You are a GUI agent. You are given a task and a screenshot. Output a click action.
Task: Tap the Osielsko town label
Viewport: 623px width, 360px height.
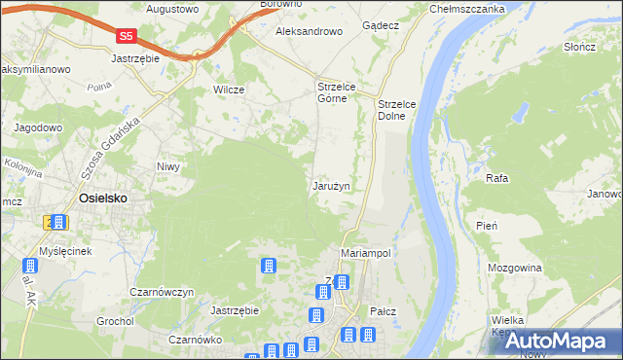102,198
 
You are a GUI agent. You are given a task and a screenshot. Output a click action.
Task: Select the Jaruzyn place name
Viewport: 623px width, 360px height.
332,185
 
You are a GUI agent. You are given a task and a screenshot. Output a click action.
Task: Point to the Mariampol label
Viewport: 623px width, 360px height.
366,252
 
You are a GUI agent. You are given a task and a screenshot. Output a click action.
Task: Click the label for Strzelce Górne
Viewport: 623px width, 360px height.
339,92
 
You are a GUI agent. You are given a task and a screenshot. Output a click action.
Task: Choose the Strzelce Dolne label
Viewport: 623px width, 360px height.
397,109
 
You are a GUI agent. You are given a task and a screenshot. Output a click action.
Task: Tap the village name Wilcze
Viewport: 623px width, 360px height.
228,90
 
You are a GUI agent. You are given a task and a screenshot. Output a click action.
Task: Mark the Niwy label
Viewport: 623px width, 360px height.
169,166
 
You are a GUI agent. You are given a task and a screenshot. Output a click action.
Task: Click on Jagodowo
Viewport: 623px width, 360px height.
38,127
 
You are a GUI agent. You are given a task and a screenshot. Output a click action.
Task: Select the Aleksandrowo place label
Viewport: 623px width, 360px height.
310,31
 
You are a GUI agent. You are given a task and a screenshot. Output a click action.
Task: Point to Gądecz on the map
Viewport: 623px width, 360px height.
381,25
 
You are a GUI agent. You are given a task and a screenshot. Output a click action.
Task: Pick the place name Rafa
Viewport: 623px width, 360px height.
496,179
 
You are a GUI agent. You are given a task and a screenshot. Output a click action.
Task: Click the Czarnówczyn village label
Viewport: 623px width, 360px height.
164,292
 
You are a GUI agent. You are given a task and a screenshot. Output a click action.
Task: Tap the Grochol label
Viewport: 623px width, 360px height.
115,320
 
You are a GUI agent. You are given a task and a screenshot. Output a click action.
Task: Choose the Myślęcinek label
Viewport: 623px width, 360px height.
65,251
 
